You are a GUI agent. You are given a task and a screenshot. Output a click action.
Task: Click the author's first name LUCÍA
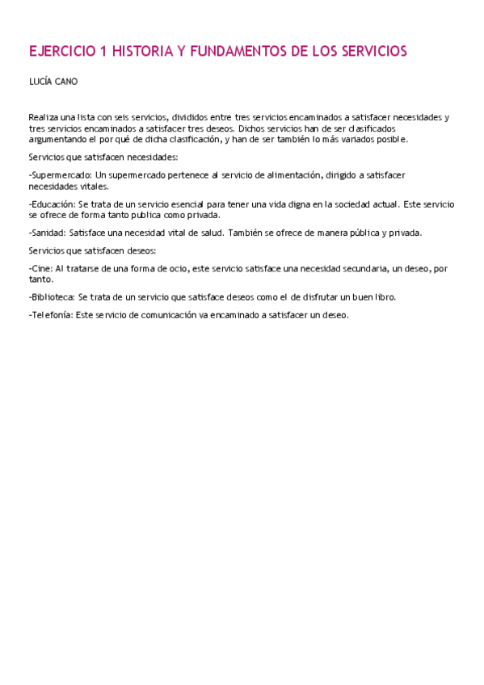point(39,82)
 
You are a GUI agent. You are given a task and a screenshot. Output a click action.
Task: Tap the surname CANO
point(66,82)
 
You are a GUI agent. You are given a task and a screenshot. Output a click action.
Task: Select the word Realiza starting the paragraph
point(43,117)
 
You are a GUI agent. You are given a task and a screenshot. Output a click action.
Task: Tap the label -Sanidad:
point(48,233)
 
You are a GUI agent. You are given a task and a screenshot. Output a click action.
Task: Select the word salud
point(208,233)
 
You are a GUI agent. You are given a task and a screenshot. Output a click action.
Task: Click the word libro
point(383,296)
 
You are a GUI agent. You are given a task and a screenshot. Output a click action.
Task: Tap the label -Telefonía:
point(50,315)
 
